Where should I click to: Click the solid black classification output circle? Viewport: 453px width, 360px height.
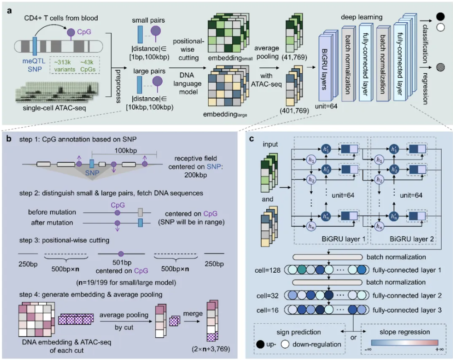(440, 17)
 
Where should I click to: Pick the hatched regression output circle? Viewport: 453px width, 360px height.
(440, 66)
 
